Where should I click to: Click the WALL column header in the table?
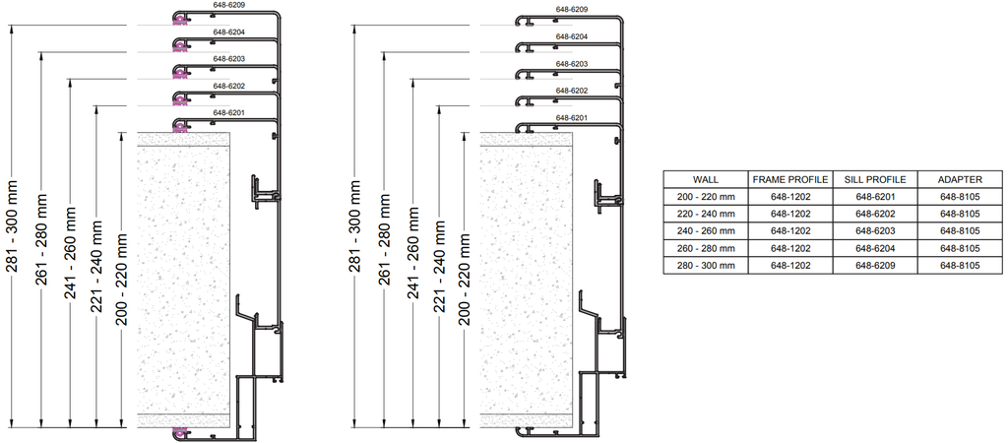[x=706, y=180]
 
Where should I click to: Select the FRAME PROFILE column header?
[x=789, y=180]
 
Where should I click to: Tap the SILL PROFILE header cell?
[x=874, y=180]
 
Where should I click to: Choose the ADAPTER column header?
[x=959, y=180]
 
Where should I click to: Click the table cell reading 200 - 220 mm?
[x=706, y=196]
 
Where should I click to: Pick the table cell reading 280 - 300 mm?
[x=706, y=266]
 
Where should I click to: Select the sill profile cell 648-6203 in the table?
[x=874, y=231]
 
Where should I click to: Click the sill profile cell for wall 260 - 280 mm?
[x=874, y=249]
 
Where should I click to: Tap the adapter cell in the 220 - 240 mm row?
[x=959, y=214]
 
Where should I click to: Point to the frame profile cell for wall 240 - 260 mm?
[x=789, y=231]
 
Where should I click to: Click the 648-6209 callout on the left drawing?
[x=228, y=6]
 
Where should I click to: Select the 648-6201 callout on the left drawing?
[x=228, y=113]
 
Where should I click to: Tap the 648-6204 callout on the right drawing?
[x=571, y=37]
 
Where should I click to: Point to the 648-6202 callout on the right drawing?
[x=571, y=92]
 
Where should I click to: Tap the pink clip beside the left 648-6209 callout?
[x=179, y=17]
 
